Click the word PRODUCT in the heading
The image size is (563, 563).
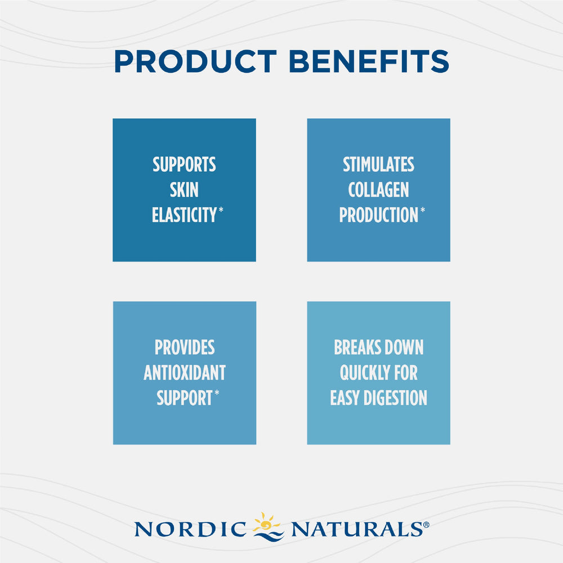[x=195, y=62]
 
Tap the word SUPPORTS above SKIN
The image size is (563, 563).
[x=184, y=165]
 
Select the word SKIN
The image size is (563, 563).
[x=184, y=190]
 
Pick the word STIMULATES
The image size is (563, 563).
[x=378, y=165]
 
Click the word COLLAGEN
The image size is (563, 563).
[x=378, y=190]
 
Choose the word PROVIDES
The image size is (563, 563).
[x=185, y=348]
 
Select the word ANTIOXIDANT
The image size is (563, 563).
[x=185, y=373]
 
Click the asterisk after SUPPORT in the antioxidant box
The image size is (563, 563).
[x=217, y=394]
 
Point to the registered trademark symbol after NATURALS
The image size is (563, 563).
[x=426, y=525]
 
